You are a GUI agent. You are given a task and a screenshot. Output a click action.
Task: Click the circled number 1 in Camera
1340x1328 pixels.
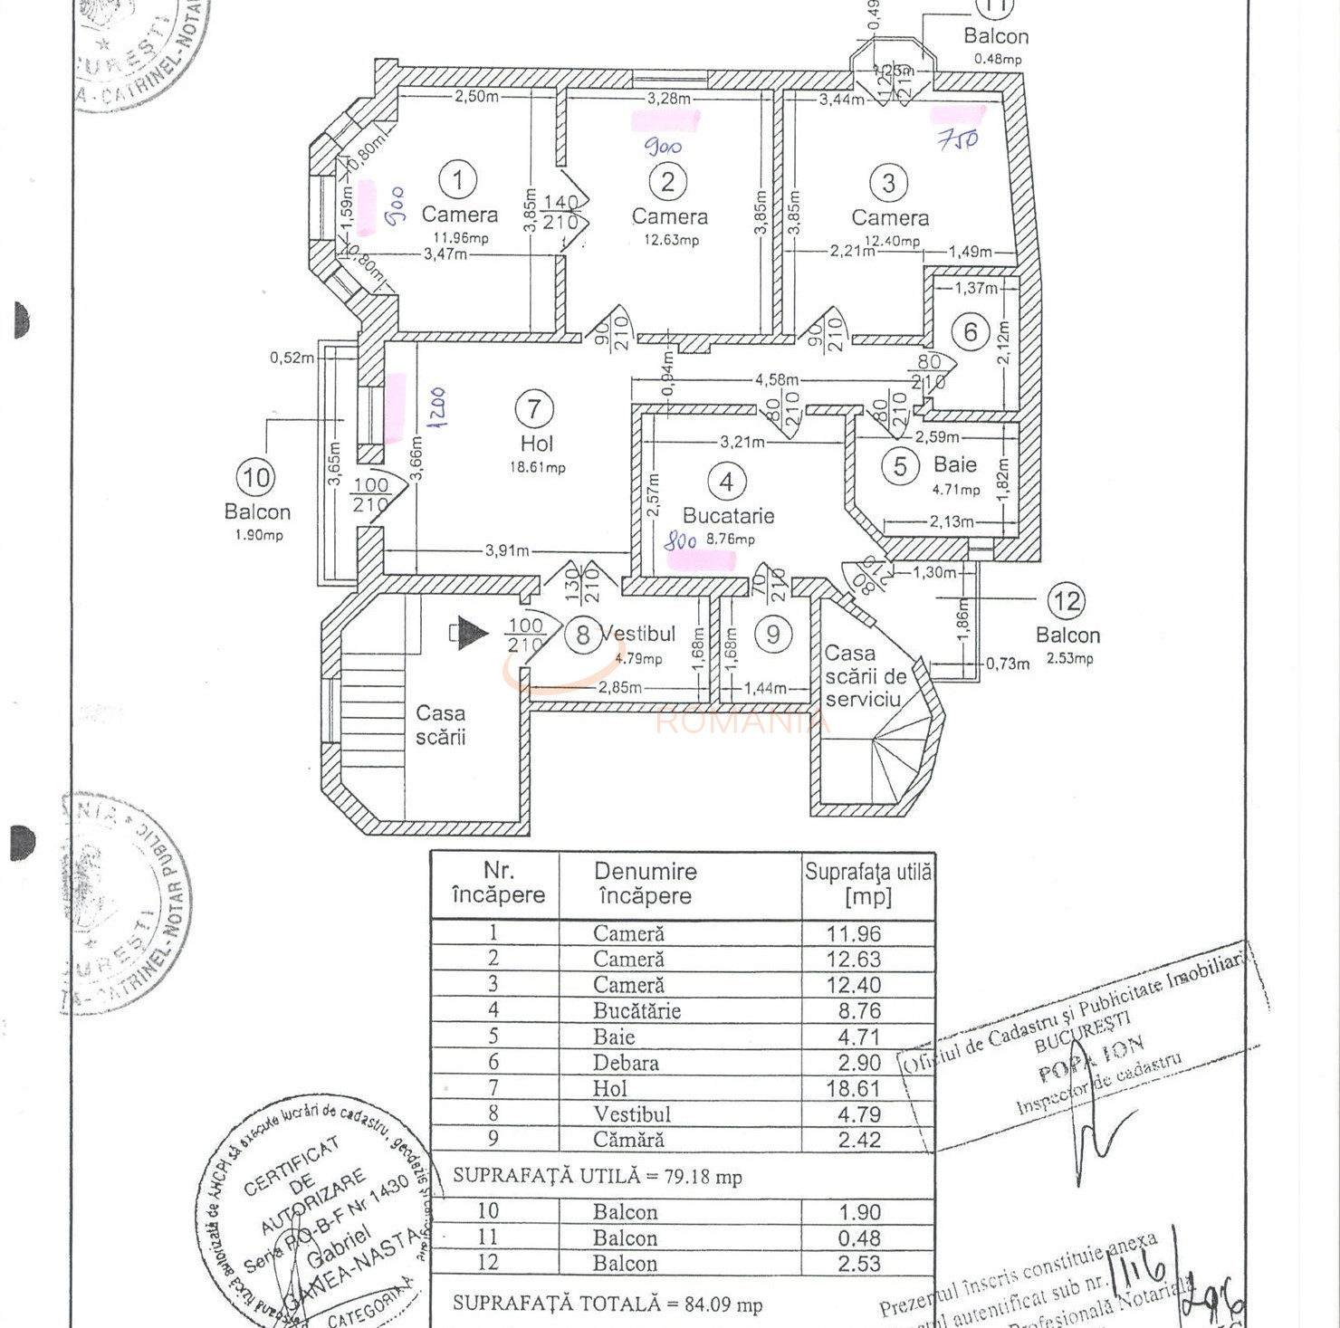click(458, 179)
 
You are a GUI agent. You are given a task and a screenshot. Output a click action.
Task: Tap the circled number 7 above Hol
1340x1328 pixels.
click(534, 409)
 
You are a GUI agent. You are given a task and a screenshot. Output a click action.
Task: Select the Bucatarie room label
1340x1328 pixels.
click(728, 516)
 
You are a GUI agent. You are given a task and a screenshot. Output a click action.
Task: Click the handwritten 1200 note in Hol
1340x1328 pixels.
click(436, 407)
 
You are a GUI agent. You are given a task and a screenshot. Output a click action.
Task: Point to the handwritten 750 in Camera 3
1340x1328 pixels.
click(957, 139)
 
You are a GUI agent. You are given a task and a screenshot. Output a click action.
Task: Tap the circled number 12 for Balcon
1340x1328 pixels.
click(1066, 601)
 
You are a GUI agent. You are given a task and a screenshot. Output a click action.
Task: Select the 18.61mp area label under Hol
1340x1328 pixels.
click(537, 468)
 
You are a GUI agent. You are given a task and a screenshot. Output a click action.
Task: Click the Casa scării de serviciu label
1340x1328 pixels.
click(865, 676)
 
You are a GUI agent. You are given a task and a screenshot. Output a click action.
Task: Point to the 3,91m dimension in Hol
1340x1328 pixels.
click(507, 550)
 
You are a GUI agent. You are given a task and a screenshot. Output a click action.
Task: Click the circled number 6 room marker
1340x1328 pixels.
click(970, 332)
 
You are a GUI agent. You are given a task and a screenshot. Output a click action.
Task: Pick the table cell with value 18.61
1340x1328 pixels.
click(853, 1088)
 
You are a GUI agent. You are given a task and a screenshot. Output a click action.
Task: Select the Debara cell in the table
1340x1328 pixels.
click(626, 1063)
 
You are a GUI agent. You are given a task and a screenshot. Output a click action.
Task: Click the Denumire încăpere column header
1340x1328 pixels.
click(645, 884)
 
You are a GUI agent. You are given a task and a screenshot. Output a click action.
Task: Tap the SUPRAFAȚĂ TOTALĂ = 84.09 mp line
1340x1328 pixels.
click(607, 1304)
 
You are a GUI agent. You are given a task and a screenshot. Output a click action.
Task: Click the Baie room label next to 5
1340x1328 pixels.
click(954, 464)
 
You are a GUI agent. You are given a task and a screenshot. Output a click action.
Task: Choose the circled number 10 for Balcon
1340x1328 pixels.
click(255, 478)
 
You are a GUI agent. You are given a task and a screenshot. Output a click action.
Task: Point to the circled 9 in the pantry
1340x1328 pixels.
click(772, 634)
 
